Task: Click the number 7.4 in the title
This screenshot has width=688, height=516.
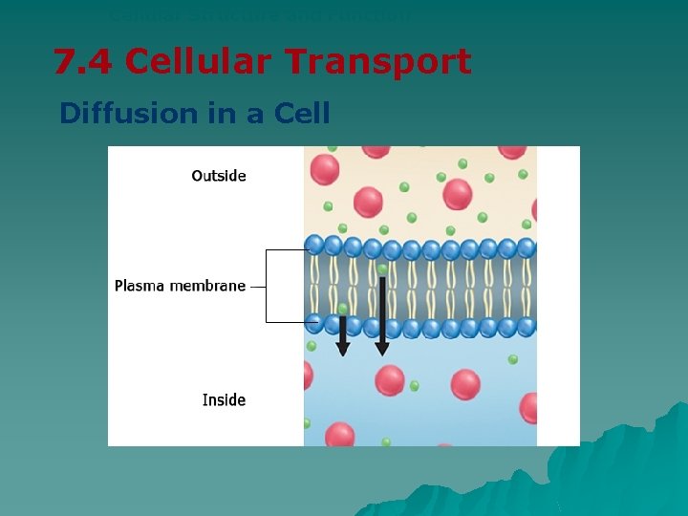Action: point(83,62)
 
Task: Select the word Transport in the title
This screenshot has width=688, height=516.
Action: point(385,62)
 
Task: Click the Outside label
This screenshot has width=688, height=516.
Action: point(219,176)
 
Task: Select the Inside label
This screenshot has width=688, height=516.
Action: point(224,400)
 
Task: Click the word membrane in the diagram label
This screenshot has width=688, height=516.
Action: point(207,286)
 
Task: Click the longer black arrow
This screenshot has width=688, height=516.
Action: point(382,315)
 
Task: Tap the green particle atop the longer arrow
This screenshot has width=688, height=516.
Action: point(382,269)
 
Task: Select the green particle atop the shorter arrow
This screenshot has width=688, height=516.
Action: point(343,309)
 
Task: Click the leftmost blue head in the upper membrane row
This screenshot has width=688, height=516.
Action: point(314,245)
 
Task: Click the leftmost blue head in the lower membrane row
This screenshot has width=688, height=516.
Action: point(314,324)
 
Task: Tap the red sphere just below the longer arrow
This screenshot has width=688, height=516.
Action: point(389,379)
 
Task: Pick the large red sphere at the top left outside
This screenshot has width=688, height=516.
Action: point(325,169)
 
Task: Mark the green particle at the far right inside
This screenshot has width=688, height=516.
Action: point(513,359)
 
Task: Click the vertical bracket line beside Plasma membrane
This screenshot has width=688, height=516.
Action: point(266,286)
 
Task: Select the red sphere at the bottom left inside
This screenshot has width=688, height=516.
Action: point(339,435)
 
